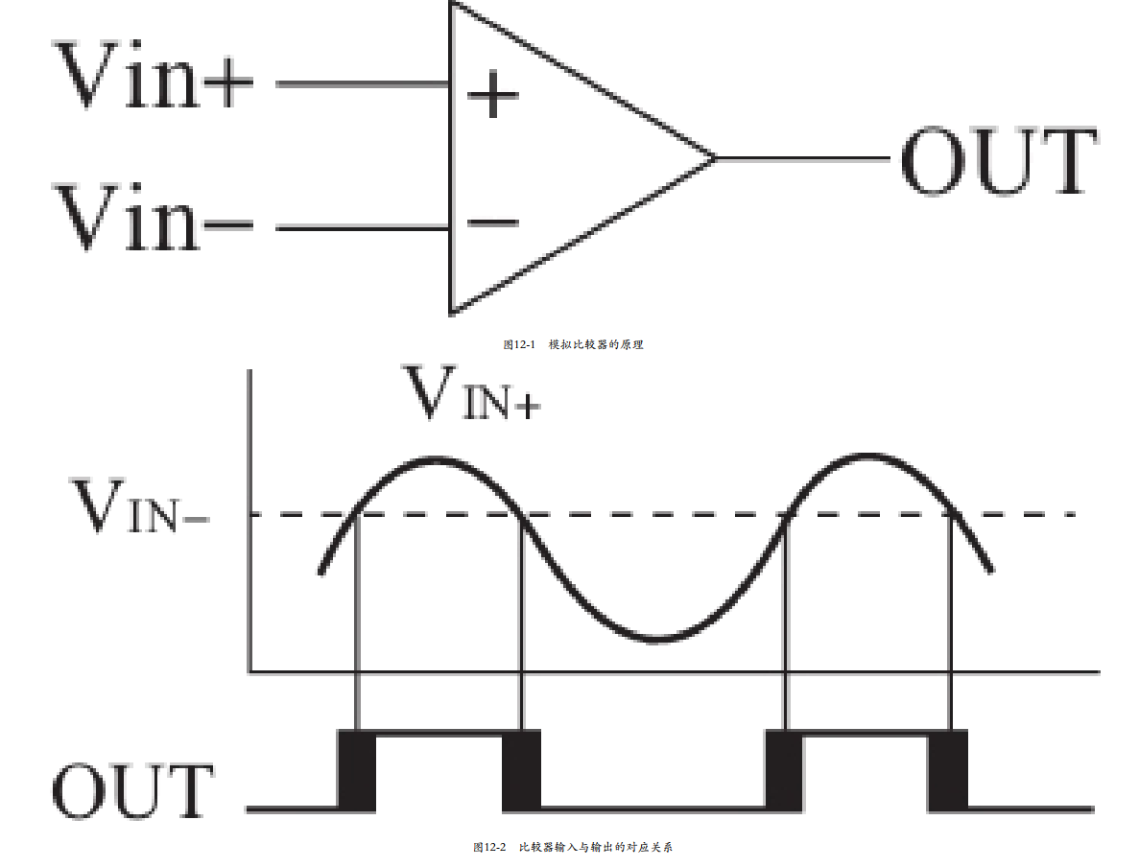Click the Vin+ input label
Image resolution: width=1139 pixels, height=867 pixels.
pos(154,75)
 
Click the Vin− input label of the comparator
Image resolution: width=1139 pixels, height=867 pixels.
pos(154,217)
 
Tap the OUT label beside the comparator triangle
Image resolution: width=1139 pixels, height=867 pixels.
pos(999,160)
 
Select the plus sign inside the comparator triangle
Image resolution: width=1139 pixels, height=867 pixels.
pos(492,94)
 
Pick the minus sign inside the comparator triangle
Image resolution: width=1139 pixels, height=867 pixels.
pos(492,222)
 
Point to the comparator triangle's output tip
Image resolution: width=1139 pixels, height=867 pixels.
pos(716,157)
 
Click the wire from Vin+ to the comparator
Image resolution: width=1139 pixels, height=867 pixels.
pos(363,84)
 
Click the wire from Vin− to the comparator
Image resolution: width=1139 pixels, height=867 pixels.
pos(363,228)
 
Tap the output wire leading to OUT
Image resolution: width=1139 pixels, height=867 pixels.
pos(803,157)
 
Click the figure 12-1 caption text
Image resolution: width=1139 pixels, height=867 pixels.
pos(573,344)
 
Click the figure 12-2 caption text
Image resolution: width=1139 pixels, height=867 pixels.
pos(573,847)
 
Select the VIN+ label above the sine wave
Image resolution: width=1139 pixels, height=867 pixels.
pos(472,393)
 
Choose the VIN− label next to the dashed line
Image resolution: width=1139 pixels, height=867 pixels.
pos(139,506)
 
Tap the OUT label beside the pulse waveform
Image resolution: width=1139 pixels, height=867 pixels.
pos(132,791)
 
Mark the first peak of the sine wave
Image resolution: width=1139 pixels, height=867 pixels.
pos(435,458)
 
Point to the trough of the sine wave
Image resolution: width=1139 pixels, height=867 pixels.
pos(656,639)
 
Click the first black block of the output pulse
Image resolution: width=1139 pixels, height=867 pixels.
pos(357,770)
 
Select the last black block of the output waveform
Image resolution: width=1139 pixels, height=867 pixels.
pos(948,770)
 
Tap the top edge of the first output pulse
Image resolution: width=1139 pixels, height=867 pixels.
pos(439,734)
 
